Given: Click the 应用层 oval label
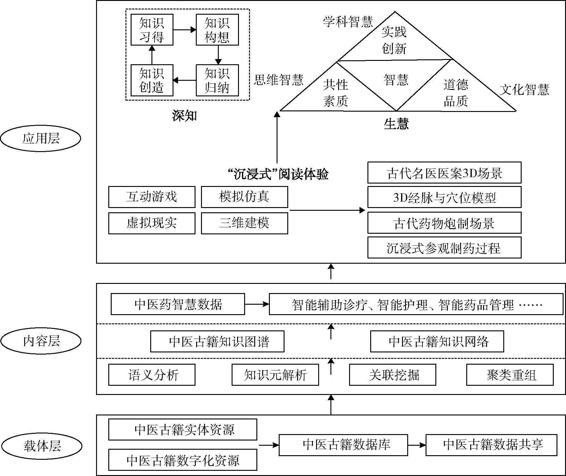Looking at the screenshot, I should [x=40, y=139].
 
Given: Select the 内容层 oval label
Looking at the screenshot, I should [x=41, y=341].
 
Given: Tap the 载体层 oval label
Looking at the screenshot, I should [x=42, y=446].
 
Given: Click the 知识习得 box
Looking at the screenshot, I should [x=152, y=30].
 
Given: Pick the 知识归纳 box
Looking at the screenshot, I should [x=217, y=80].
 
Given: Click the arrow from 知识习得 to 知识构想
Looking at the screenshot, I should [x=184, y=30].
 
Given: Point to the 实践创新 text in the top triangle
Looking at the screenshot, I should [x=394, y=40].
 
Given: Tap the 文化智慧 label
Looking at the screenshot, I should [x=524, y=90].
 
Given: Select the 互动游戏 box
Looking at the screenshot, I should [x=152, y=197].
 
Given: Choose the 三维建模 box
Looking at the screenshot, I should [x=244, y=223].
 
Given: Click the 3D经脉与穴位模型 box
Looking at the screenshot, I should [x=444, y=198].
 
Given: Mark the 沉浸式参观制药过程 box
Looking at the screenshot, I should [x=444, y=248].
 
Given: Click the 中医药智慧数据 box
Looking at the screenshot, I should [x=178, y=304].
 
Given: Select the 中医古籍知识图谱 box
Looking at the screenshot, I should [x=217, y=341].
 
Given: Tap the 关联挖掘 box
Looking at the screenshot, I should [x=393, y=375].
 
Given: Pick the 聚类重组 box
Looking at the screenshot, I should [x=510, y=375].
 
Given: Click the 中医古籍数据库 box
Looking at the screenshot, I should [x=343, y=445].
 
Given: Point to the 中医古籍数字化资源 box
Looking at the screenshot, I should [x=183, y=460].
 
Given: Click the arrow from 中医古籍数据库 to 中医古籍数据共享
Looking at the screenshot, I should [x=417, y=445].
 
